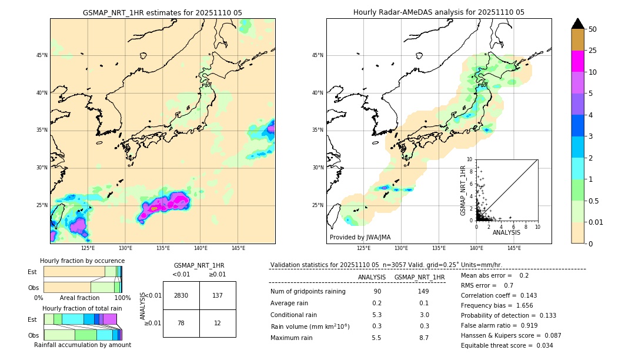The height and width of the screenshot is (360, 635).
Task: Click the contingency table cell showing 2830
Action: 181,295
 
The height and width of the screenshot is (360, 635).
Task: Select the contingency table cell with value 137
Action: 218,295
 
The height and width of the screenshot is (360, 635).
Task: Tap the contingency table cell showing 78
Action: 181,323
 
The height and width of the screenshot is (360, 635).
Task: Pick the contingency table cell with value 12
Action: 218,323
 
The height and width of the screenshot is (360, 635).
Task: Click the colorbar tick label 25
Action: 593,51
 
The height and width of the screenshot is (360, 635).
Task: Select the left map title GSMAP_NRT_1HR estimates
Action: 162,12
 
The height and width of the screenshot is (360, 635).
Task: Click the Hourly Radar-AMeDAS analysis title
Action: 439,12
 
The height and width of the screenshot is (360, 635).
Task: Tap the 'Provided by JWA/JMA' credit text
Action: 360,238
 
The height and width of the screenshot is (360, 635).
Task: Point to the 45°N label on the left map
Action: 42,55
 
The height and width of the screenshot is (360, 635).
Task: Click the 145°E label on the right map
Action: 514,248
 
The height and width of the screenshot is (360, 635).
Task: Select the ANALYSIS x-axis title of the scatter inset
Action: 506,232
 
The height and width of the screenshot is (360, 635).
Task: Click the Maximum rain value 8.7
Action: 423,338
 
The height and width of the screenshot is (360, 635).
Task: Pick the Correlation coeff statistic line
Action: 499,295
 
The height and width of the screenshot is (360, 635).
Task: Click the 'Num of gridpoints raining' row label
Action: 308,292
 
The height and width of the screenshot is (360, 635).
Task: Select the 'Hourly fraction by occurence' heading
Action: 82,261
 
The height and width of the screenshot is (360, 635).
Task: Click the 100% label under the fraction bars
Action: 122,298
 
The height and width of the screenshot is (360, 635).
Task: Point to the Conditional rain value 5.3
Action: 377,315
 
